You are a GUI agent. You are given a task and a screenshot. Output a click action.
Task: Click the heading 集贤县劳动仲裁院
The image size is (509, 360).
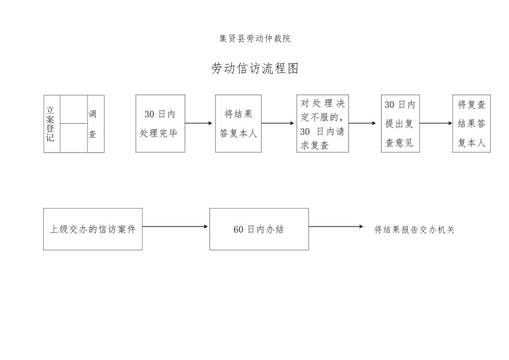tap(254, 39)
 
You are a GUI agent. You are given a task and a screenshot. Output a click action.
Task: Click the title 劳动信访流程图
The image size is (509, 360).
tap(255, 69)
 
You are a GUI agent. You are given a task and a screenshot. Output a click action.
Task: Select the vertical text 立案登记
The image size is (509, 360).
tap(51, 124)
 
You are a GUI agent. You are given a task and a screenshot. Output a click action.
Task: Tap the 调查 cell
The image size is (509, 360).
tap(92, 124)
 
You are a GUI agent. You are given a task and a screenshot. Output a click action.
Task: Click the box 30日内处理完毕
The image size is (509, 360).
tap(160, 123)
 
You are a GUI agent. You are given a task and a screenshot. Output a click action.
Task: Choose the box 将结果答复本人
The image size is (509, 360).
tap(238, 123)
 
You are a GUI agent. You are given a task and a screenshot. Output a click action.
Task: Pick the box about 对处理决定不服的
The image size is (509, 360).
tap(322, 123)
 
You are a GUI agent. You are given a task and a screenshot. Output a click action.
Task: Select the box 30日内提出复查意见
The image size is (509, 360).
tap(399, 123)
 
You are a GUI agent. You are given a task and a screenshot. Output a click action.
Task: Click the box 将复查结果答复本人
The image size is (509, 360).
tap(471, 123)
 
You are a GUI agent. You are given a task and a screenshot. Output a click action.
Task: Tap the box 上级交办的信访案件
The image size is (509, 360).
tap(92, 229)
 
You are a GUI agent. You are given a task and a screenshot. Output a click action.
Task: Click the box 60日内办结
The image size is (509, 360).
tap(258, 229)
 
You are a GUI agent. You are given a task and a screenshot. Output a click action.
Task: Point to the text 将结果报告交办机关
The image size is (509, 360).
tap(414, 229)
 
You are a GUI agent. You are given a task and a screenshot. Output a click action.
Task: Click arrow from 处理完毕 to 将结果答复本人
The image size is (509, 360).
tap(200, 123)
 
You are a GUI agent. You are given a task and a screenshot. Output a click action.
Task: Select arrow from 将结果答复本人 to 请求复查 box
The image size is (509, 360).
tap(278, 123)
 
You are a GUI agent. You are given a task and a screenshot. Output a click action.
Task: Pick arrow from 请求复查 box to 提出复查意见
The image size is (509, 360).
tap(365, 123)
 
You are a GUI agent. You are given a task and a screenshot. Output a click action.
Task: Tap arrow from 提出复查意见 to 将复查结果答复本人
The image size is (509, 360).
tap(436, 123)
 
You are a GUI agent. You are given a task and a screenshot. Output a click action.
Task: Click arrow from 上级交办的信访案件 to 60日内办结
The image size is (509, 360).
tap(175, 226)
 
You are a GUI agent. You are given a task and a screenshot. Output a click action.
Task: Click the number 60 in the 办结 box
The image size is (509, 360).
tap(238, 229)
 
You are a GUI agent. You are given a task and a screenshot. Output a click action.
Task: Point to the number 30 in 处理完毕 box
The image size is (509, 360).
tap(149, 114)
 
